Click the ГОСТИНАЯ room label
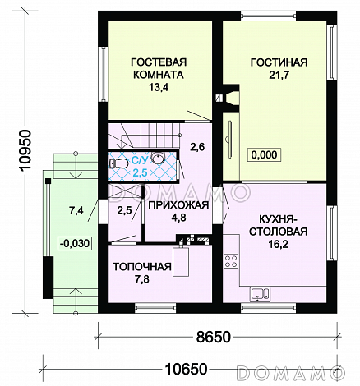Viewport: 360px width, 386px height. [279, 62]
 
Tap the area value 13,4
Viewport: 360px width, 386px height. [159, 87]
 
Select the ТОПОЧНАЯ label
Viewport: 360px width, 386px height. [142, 267]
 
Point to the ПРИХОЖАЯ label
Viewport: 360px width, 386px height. [178, 205]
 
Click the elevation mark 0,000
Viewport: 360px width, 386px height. [264, 154]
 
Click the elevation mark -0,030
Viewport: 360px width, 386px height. [74, 243]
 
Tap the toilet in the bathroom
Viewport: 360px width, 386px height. [118, 163]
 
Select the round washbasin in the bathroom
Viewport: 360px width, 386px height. [158, 159]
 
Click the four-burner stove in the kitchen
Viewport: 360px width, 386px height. [231, 261]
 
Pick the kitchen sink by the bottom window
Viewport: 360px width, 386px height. [260, 294]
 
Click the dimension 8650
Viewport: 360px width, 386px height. [214, 337]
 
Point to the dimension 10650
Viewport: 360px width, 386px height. [186, 369]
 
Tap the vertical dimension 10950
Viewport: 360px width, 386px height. [25, 150]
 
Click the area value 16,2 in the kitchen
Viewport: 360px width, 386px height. [278, 244]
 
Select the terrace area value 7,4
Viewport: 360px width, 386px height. [76, 210]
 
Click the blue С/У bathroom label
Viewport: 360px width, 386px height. [140, 160]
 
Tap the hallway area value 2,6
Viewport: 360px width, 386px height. [197, 147]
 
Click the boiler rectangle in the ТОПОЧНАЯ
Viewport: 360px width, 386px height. [181, 262]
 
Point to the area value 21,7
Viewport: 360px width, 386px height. [279, 75]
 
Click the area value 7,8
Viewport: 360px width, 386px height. [142, 279]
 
